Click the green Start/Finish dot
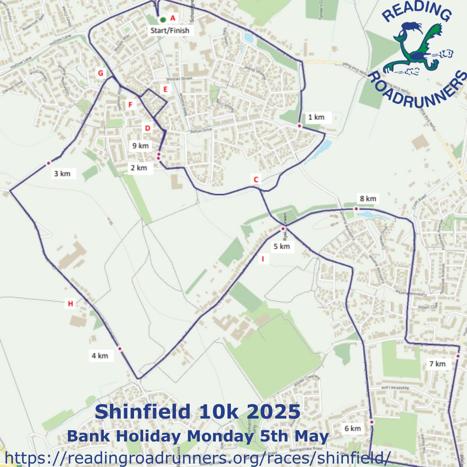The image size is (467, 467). coord(163,19)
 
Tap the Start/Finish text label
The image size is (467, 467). coord(170,31)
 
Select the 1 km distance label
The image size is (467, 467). coord(316,117)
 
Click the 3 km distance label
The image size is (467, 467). coord(62,174)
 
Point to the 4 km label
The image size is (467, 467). coord(99,356)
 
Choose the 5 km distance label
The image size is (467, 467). coord(281,246)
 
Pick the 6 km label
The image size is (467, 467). coord(352,429)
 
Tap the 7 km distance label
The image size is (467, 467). coord(437,364)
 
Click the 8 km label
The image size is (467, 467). coord(368,199)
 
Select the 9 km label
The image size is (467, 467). coord(141,146)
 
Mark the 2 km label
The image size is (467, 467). coord(139,168)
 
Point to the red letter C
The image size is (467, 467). coord(256,179)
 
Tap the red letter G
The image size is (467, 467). coord(101,73)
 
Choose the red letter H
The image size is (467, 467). coord(70,304)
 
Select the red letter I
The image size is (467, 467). coord(262,259)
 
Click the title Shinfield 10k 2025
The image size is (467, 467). coord(197,412)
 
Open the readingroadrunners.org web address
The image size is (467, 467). coord(197,457)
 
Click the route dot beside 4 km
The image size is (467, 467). coord(120,349)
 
